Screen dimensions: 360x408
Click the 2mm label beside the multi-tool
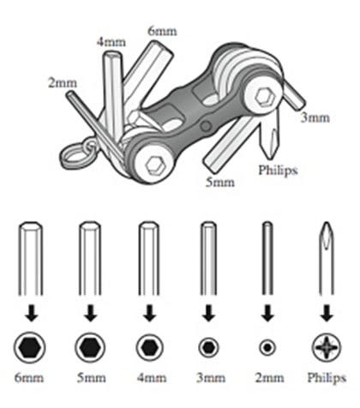[63, 83]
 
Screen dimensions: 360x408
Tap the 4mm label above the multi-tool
[111, 42]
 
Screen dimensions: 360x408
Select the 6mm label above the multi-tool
[162, 31]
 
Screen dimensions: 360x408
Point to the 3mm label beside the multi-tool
[315, 117]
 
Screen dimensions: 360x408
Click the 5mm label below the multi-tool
[220, 182]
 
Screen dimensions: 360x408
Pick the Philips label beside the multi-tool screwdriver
[278, 170]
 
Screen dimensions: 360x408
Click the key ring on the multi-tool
[78, 154]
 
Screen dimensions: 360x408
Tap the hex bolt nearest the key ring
[154, 165]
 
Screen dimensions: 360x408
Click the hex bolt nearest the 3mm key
[265, 98]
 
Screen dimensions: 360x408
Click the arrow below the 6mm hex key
[31, 313]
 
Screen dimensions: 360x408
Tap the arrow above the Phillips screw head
[327, 313]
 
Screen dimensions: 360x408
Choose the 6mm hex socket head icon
[30, 348]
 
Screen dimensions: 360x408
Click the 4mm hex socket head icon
[150, 348]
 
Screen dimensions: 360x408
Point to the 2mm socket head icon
[267, 348]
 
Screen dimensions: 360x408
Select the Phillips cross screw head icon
[327, 348]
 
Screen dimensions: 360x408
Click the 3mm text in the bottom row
[211, 378]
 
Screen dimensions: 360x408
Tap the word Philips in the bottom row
[327, 378]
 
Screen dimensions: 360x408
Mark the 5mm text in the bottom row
[92, 378]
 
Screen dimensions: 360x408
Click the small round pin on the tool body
[206, 125]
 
